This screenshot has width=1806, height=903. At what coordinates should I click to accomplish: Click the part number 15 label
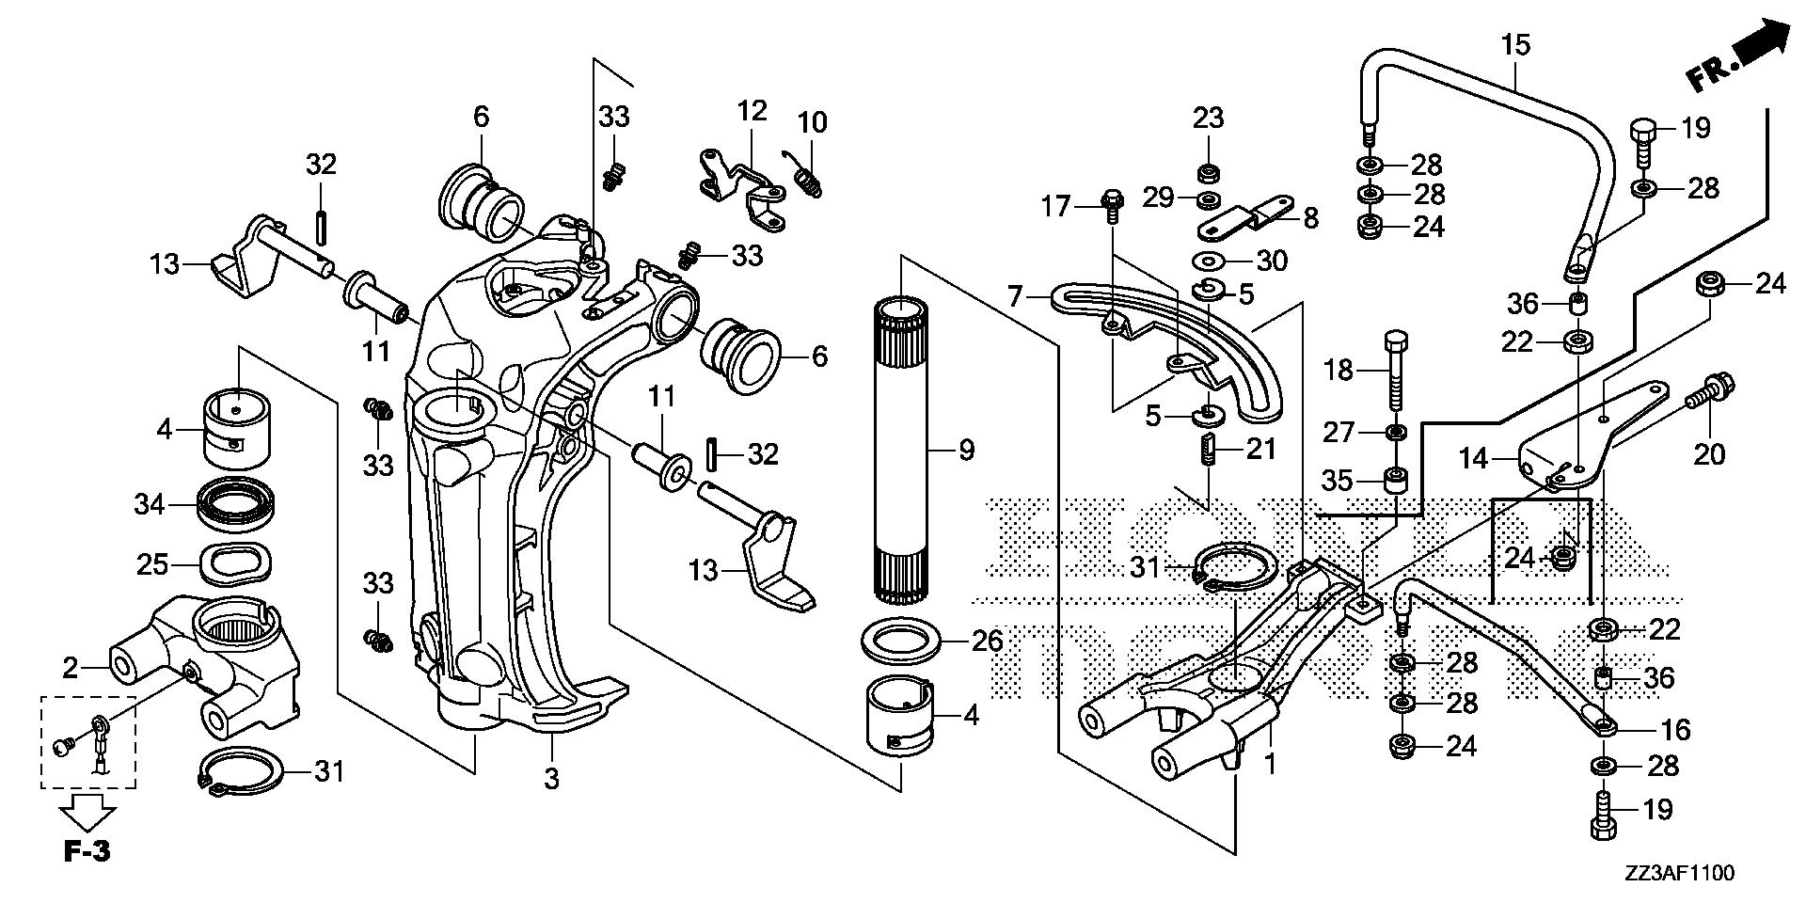pos(1515,44)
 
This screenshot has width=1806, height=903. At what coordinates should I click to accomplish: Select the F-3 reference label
pos(87,851)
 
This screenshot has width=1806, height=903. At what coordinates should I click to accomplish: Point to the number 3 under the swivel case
pos(551,779)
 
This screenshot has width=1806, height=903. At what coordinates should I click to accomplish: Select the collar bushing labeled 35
pos(1396,480)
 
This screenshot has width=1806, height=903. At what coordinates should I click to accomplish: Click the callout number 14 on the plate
pos(1473,459)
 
